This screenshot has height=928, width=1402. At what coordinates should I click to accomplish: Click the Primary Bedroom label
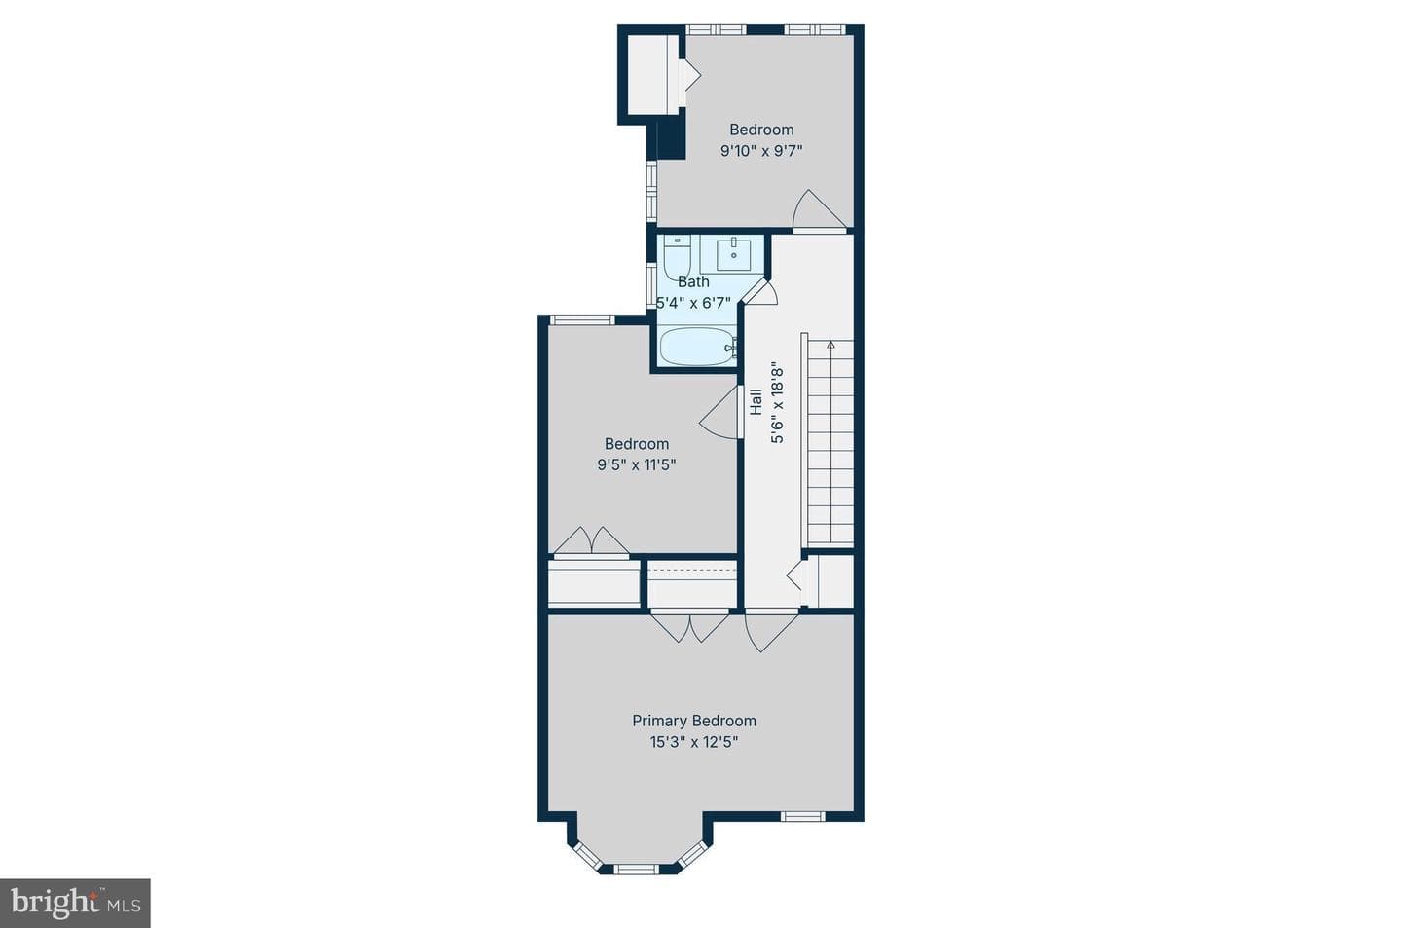[694, 721]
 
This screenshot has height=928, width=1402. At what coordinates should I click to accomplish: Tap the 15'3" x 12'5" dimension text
[694, 743]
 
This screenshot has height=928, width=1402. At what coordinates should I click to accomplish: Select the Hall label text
[756, 401]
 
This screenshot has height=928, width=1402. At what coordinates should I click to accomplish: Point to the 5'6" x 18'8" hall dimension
[777, 401]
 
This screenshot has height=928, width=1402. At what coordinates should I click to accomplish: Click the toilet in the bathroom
[677, 257]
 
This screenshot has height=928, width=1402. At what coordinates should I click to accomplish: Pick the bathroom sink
[733, 254]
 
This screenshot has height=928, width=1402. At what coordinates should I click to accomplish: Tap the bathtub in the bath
[698, 347]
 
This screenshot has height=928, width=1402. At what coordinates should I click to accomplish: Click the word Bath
[693, 281]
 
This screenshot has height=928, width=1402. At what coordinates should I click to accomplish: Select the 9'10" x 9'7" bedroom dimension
[761, 151]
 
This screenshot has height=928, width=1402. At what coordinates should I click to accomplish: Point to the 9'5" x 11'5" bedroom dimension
[637, 465]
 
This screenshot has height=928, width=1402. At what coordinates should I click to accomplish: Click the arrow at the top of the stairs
[830, 345]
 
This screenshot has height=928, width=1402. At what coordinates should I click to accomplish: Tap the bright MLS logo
[75, 904]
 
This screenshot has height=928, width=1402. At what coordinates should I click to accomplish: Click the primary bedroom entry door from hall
[770, 632]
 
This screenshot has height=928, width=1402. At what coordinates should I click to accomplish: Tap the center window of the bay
[635, 870]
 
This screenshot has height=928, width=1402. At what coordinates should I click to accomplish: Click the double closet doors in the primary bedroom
[689, 627]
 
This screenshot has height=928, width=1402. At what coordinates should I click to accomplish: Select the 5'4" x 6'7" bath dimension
[693, 303]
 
